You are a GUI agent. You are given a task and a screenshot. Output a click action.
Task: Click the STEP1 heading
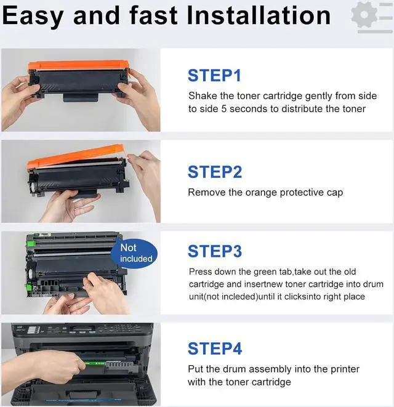214,76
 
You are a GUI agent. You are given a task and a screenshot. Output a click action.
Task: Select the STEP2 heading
215,172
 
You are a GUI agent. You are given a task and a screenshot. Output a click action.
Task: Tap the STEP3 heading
215,251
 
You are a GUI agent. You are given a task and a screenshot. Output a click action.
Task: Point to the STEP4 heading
215,349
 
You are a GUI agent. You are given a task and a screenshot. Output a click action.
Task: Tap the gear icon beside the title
364,15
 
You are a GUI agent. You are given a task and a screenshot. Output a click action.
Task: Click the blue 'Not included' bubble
134,253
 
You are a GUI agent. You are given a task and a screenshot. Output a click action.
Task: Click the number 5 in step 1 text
223,109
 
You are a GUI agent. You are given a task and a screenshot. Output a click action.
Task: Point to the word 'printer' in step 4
345,369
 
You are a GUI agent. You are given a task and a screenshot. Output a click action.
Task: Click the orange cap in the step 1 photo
78,66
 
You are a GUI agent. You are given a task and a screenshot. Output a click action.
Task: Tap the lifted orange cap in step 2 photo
75,156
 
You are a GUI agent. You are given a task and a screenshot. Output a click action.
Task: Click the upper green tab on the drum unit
31,244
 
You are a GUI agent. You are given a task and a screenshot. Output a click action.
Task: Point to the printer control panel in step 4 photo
82,329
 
